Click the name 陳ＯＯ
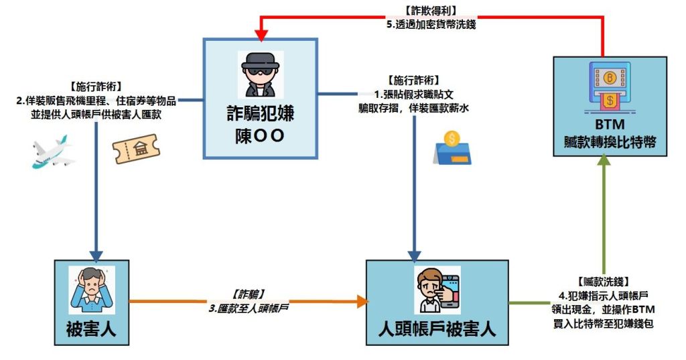tap(260, 135)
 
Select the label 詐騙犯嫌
tap(260, 113)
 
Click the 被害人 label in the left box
tap(91, 329)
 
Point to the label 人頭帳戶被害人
tap(436, 330)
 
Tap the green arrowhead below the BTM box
tap(604, 162)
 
